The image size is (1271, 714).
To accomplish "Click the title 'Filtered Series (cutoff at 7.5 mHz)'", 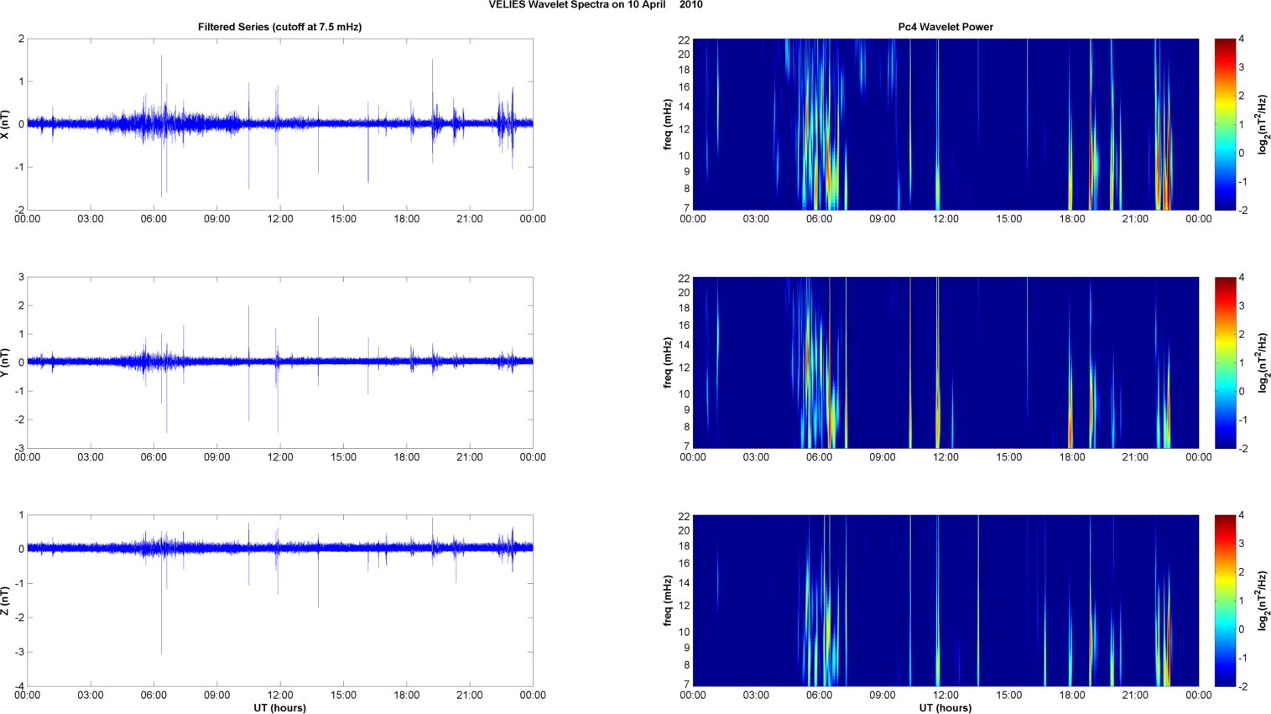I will tap(279, 27).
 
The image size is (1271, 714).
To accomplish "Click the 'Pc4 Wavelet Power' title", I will tap(945, 27).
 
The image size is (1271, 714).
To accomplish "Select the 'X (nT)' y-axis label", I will tap(7, 124).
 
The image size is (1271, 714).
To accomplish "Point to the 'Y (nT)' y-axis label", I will tap(7, 362).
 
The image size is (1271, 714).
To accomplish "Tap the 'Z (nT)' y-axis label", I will tap(7, 601).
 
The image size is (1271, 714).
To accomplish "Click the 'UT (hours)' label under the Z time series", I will tap(279, 708).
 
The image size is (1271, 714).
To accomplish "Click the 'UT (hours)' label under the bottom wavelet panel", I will tap(945, 708).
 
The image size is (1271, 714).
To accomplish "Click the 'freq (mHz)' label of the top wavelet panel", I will tap(668, 124).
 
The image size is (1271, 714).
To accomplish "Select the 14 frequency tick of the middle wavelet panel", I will tap(684, 345).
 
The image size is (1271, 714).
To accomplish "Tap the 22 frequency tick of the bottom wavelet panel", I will tap(684, 516).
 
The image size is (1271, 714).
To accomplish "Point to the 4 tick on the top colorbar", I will tap(1241, 39).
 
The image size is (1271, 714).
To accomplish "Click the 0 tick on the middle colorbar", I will tap(1241, 392).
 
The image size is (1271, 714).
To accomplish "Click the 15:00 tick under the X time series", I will tap(343, 219).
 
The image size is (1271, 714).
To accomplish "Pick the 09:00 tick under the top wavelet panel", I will tap(883, 219).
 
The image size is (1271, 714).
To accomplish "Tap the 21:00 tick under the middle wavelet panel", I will tap(1135, 457).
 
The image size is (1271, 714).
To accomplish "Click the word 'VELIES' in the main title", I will tap(507, 5).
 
